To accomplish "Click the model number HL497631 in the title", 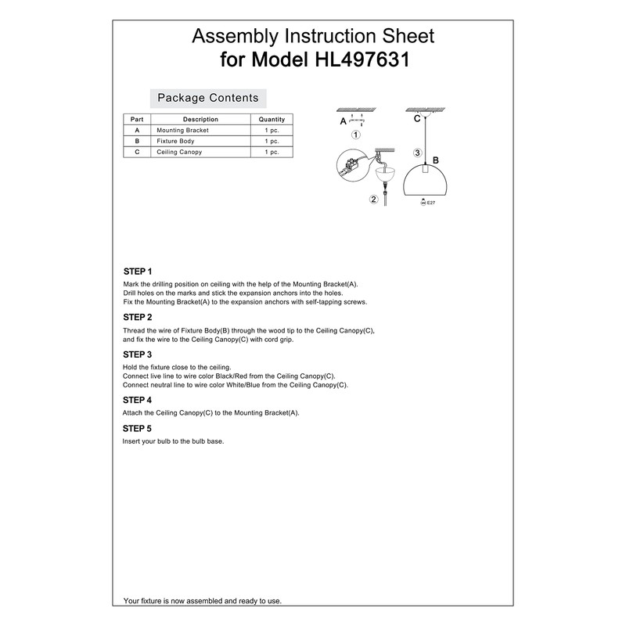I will tap(362, 60).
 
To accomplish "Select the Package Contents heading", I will tap(208, 98).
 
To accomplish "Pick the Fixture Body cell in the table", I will tap(175, 141).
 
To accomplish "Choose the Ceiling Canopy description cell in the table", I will tap(179, 152).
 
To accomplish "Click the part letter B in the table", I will tap(137, 141).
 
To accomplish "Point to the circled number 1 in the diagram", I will tap(356, 135).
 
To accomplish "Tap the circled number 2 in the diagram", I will tap(374, 199).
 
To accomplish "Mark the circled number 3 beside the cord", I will tap(418, 153).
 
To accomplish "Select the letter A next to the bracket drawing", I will tap(343, 122).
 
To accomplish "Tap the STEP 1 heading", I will tap(138, 271).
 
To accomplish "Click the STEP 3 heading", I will tap(138, 354).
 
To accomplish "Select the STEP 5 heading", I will tap(138, 429).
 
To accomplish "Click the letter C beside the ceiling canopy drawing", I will tap(417, 118).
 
